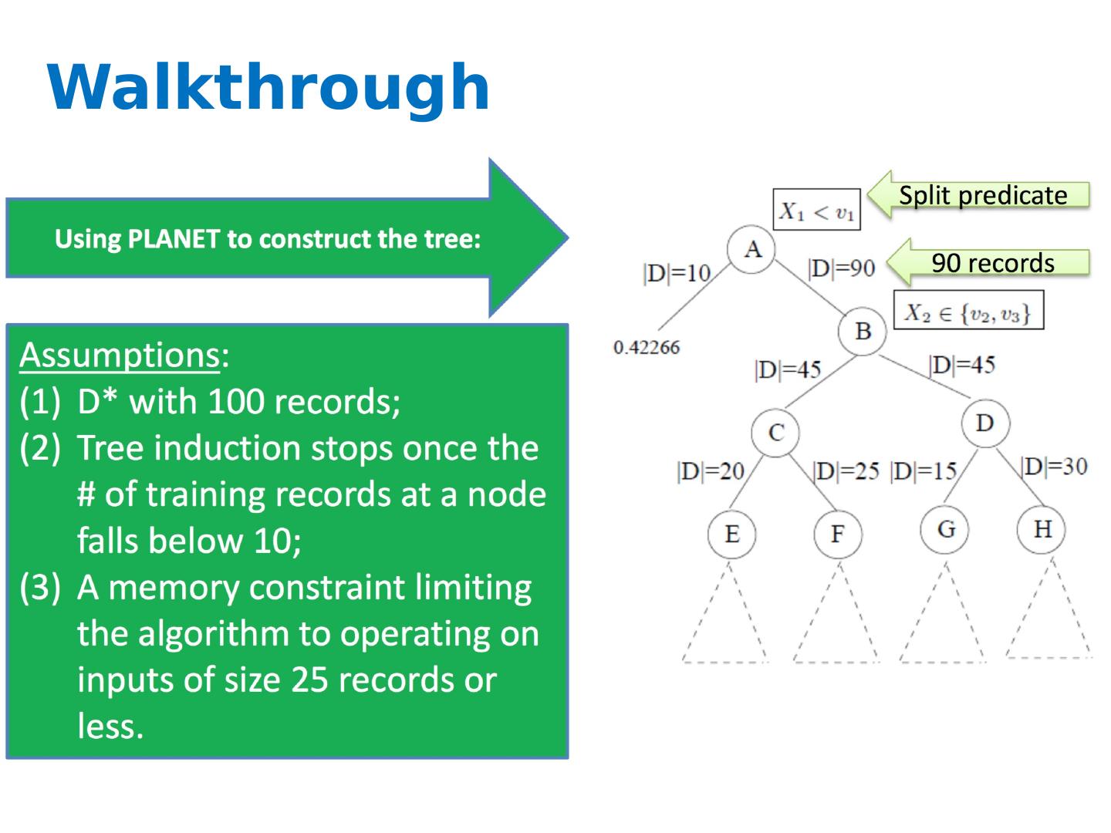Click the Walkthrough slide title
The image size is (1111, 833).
tap(268, 87)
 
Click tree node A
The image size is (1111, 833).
tap(752, 249)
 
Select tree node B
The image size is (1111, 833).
tap(863, 332)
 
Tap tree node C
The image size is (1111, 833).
tap(776, 433)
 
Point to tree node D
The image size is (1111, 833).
tap(984, 423)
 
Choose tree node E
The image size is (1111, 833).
tap(731, 534)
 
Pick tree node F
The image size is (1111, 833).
tap(838, 534)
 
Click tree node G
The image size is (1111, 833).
tap(946, 529)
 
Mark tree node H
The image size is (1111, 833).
tap(1042, 529)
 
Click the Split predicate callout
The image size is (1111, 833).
tap(981, 195)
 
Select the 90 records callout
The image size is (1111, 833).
tap(992, 263)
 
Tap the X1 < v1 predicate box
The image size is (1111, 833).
tap(816, 210)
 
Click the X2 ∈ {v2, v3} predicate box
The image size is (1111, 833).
tap(967, 312)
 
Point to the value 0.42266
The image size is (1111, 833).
tap(647, 347)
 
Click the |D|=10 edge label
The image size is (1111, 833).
tap(677, 273)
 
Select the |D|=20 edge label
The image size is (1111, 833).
tap(710, 470)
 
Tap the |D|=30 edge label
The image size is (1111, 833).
tap(1053, 466)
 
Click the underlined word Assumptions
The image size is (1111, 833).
tap(120, 355)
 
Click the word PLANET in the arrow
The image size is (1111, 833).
tap(174, 238)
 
